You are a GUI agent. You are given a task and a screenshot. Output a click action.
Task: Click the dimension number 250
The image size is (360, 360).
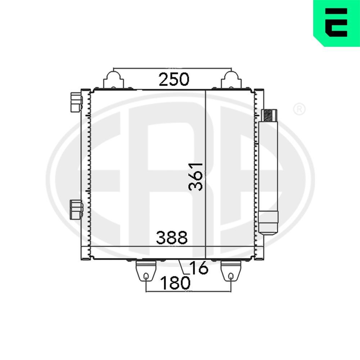[174, 79]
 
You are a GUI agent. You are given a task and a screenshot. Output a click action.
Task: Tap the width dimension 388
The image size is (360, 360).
[172, 238]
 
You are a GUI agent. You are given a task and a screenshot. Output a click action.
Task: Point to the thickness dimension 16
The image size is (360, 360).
[198, 268]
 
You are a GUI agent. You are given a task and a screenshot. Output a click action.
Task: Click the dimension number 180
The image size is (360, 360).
[175, 283]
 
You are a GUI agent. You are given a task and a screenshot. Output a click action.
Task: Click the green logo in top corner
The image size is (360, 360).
[337, 23]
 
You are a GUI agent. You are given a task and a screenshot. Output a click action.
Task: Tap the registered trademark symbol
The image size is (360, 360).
[299, 109]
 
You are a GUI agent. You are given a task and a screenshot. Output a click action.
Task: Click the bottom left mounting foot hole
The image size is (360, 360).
[146, 276]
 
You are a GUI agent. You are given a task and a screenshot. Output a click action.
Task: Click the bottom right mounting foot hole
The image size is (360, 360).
[230, 276]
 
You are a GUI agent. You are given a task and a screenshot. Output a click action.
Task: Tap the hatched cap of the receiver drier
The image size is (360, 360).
[269, 116]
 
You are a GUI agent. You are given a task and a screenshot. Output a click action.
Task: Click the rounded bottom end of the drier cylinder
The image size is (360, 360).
[269, 230]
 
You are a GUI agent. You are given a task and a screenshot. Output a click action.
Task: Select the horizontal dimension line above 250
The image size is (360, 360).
[173, 68]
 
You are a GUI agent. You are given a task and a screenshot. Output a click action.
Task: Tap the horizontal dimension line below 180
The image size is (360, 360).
[188, 292]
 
